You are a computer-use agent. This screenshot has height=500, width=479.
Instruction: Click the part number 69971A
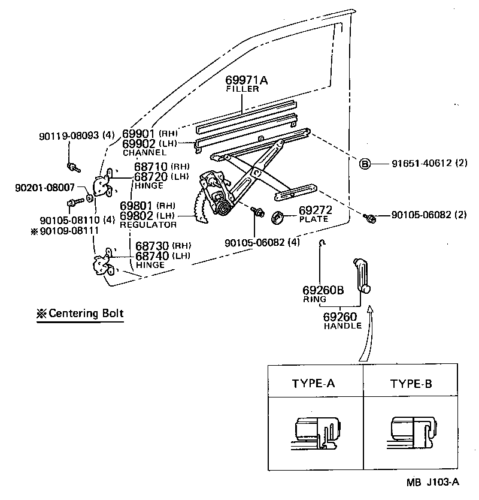(247, 80)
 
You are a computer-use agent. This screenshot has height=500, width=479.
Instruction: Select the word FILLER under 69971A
(242, 89)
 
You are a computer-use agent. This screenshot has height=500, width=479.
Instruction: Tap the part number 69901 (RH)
(147, 133)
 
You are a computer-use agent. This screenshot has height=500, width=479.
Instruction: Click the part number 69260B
(323, 290)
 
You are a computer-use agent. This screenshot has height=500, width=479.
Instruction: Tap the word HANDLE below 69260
(342, 326)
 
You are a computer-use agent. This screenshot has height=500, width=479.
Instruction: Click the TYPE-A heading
(313, 384)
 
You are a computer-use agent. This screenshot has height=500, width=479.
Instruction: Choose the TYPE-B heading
(411, 384)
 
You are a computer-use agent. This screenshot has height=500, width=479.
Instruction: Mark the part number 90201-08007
(45, 188)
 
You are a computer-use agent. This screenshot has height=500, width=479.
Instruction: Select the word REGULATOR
(148, 224)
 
